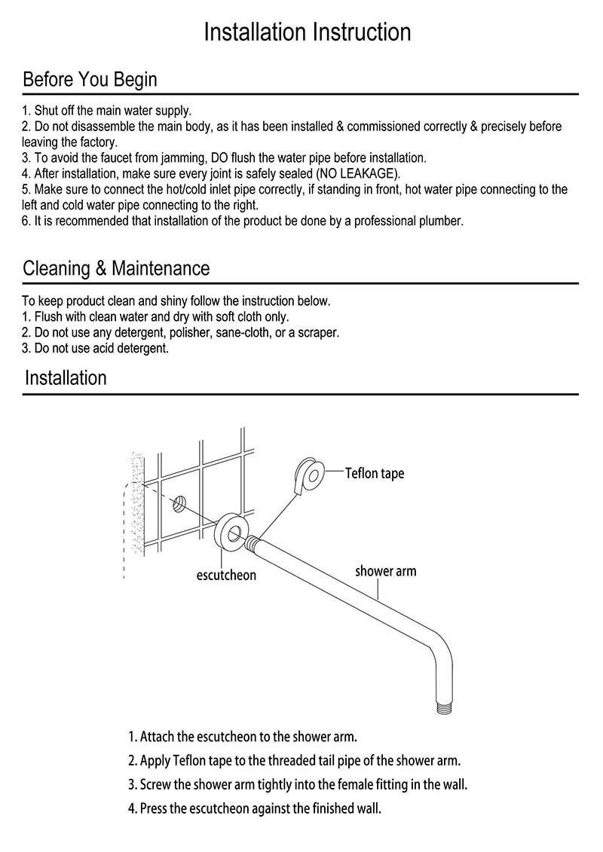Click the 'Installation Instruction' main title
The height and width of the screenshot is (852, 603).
pyautogui.click(x=308, y=32)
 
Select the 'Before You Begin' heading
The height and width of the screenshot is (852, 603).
pyautogui.click(x=90, y=80)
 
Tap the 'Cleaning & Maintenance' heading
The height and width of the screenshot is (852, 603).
pyautogui.click(x=116, y=268)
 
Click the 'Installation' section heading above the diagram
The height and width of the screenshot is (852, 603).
pyautogui.click(x=66, y=377)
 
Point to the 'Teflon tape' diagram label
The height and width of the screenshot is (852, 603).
pyautogui.click(x=375, y=473)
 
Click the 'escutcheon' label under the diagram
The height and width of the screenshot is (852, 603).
pyautogui.click(x=226, y=575)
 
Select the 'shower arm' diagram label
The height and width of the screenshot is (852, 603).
pyautogui.click(x=385, y=571)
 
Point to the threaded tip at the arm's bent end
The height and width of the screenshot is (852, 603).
pyautogui.click(x=444, y=707)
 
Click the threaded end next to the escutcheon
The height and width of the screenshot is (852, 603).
pyautogui.click(x=252, y=544)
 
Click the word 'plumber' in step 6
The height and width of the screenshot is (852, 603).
pyautogui.click(x=441, y=221)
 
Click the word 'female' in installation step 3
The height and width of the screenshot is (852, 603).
pyautogui.click(x=355, y=785)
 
